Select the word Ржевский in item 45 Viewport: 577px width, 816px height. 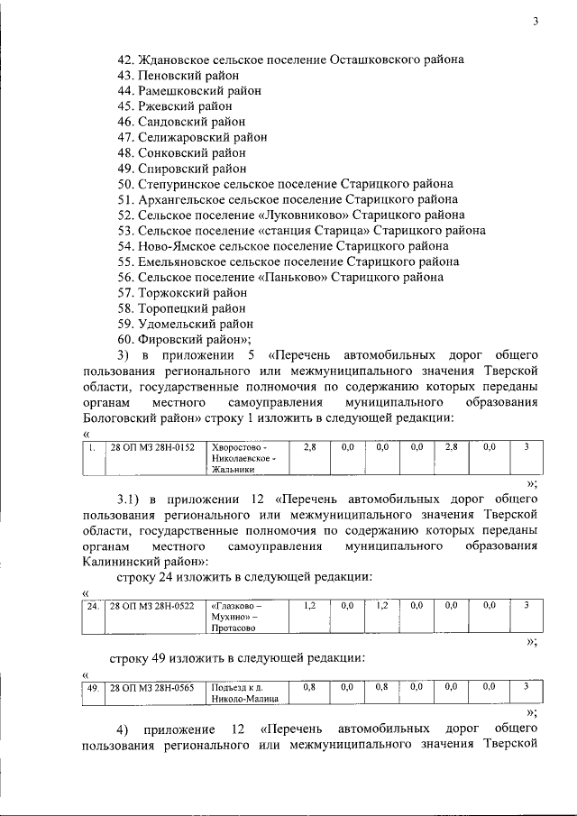[166, 105]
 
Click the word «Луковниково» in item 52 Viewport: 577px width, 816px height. [307, 215]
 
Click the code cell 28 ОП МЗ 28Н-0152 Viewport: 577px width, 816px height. [152, 447]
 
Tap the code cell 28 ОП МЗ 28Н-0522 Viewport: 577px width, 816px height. [152, 606]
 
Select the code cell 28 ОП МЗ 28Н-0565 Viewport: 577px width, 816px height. [152, 688]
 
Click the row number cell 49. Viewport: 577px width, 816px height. [92, 688]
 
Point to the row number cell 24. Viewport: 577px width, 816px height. [92, 606]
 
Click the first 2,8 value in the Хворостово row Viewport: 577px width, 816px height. [309, 446]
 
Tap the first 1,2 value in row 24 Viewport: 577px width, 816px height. [309, 606]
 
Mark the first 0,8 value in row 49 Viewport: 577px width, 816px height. [309, 688]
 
